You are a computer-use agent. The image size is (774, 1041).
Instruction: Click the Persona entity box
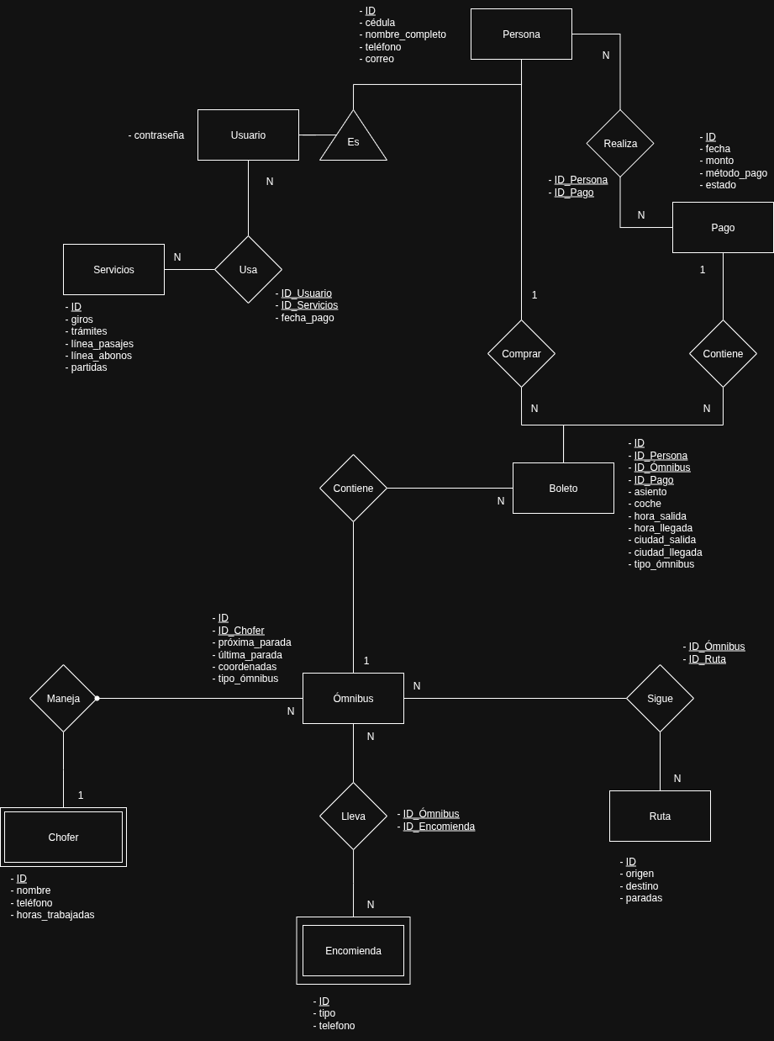tap(521, 34)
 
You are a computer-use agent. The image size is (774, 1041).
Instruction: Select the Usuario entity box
tap(248, 135)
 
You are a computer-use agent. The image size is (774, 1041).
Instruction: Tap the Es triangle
tap(353, 140)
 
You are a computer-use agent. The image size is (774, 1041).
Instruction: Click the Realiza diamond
tap(620, 144)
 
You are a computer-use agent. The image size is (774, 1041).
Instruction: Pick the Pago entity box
tap(723, 228)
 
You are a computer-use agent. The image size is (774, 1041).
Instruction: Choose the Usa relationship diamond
tap(248, 270)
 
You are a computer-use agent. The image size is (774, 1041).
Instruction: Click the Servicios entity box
tap(113, 270)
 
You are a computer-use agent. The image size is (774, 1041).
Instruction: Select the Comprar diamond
tap(521, 354)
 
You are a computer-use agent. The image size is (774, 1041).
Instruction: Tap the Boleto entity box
tap(563, 489)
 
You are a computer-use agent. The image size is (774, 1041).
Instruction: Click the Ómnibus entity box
tap(353, 699)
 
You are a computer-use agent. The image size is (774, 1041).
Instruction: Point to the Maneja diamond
tap(63, 699)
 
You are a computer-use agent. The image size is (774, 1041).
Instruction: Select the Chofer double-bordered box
tap(63, 838)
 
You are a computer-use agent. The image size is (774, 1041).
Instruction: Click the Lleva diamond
tap(353, 816)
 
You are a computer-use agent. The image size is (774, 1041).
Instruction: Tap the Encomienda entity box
tap(353, 951)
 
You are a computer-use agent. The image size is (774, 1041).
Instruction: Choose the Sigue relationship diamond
tap(660, 699)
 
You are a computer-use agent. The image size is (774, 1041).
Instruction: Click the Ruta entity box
tap(660, 816)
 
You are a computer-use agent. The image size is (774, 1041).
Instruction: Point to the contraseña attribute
tap(159, 135)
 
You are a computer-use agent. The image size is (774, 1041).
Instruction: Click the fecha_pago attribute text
tap(308, 318)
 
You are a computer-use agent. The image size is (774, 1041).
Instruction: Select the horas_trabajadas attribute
tap(55, 915)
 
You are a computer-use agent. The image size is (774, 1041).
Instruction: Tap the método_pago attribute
tap(736, 173)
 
